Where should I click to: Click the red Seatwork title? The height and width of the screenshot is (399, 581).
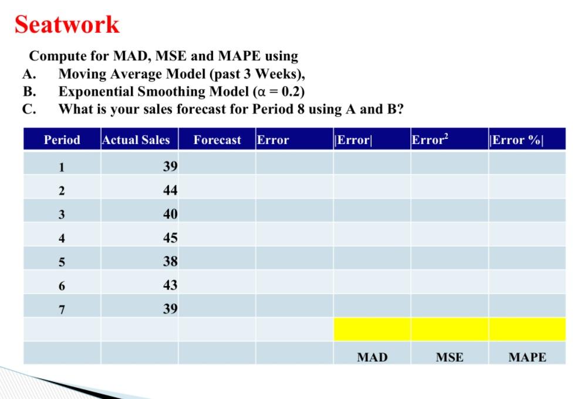(x=67, y=25)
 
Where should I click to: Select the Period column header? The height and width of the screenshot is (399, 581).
(x=62, y=140)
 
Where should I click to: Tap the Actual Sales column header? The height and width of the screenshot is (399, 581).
(x=136, y=140)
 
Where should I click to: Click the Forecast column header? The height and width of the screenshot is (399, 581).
(x=217, y=140)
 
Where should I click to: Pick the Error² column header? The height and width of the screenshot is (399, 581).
(x=429, y=140)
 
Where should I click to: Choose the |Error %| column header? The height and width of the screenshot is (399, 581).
(x=516, y=140)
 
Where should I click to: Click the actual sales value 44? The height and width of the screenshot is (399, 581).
(x=170, y=190)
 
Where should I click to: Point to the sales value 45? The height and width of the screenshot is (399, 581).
(x=170, y=238)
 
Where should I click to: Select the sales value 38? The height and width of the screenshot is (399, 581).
(x=170, y=261)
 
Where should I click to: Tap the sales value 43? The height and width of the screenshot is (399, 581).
(x=170, y=285)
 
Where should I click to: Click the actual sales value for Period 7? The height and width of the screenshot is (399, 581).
(x=170, y=309)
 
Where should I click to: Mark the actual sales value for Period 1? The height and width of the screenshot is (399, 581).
(x=170, y=166)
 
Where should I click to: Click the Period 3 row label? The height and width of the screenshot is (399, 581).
(x=62, y=214)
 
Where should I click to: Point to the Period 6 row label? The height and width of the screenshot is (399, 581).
(x=62, y=286)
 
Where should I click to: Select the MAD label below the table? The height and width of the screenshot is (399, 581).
(x=372, y=357)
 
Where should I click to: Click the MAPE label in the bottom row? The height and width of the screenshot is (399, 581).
(x=527, y=357)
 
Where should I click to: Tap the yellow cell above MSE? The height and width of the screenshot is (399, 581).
(x=449, y=329)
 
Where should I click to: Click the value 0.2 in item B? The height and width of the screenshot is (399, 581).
(x=291, y=91)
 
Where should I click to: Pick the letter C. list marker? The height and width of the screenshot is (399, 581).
(x=30, y=109)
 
